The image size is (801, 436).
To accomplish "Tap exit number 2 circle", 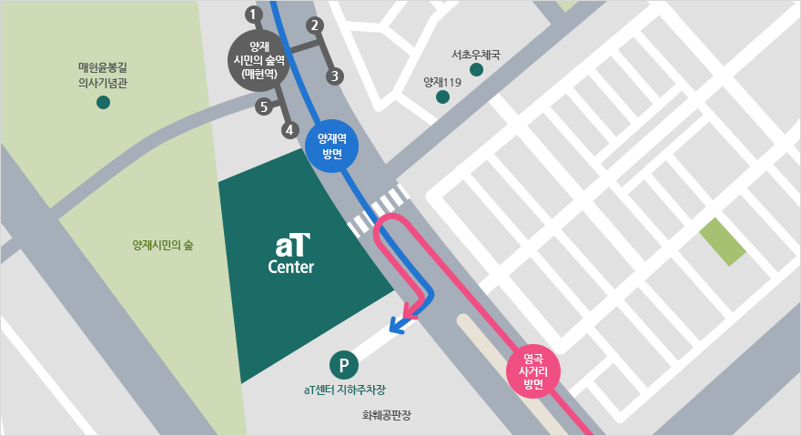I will tap(315, 25).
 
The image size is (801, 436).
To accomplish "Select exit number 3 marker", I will tap(335, 76).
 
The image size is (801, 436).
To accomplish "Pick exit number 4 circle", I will tap(289, 130).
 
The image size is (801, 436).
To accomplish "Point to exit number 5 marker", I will tap(264, 107).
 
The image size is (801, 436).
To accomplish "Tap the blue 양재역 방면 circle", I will tap(331, 146).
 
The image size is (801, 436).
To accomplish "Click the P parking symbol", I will tap(344, 366).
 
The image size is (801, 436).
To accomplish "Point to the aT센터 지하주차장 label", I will tap(344, 390).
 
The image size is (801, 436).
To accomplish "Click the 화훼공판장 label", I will tap(387, 415).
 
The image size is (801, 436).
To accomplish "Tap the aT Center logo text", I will tap(291, 254).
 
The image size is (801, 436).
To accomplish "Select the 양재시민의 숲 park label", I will tap(163, 246).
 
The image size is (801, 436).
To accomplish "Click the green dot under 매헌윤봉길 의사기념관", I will tap(103, 102).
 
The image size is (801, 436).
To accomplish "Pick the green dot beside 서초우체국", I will tap(476, 70).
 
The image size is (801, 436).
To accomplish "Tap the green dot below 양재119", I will tap(442, 96).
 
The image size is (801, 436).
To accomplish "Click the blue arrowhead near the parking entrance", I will tap(396, 325).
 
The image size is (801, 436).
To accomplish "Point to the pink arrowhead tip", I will tap(410, 313).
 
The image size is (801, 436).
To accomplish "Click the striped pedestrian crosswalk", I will tap(375, 212).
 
